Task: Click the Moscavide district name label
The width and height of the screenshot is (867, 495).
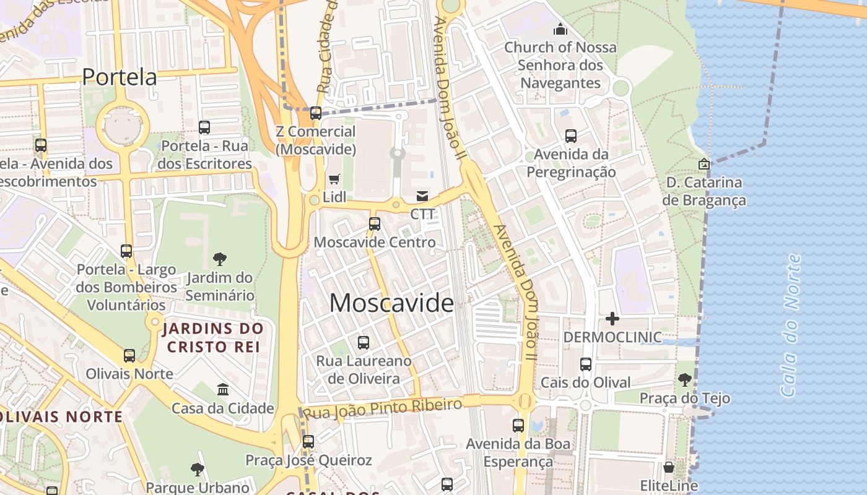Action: pos(391,303)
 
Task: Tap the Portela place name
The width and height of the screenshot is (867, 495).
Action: pos(120,77)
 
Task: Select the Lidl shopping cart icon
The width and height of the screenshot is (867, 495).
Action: pos(334,179)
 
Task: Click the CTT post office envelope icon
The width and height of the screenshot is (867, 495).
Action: pos(422,196)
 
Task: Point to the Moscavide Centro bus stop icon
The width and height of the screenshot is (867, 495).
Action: pos(375,224)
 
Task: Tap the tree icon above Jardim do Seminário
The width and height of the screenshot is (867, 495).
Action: pos(219,259)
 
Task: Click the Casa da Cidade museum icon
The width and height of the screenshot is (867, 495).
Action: pos(223,389)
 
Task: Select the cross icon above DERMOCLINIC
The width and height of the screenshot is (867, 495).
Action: pos(612,319)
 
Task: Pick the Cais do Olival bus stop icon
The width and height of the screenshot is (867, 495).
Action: pos(586,364)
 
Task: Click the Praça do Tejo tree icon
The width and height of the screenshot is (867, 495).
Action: pos(684,380)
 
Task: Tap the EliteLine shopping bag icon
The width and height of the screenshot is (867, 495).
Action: pos(669,467)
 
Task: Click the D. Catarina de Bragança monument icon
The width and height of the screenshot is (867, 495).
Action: pos(704,164)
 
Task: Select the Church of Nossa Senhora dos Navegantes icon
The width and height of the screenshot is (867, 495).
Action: pos(560,29)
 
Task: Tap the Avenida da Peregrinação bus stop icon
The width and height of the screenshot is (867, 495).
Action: pos(571,136)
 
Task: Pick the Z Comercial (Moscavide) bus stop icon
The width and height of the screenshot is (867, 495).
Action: pos(316,113)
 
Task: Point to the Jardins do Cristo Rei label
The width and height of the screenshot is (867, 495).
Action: pos(212,337)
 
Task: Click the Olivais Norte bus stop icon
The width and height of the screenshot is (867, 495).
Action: pos(129,356)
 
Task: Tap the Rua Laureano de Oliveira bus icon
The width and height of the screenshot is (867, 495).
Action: pos(364,342)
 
